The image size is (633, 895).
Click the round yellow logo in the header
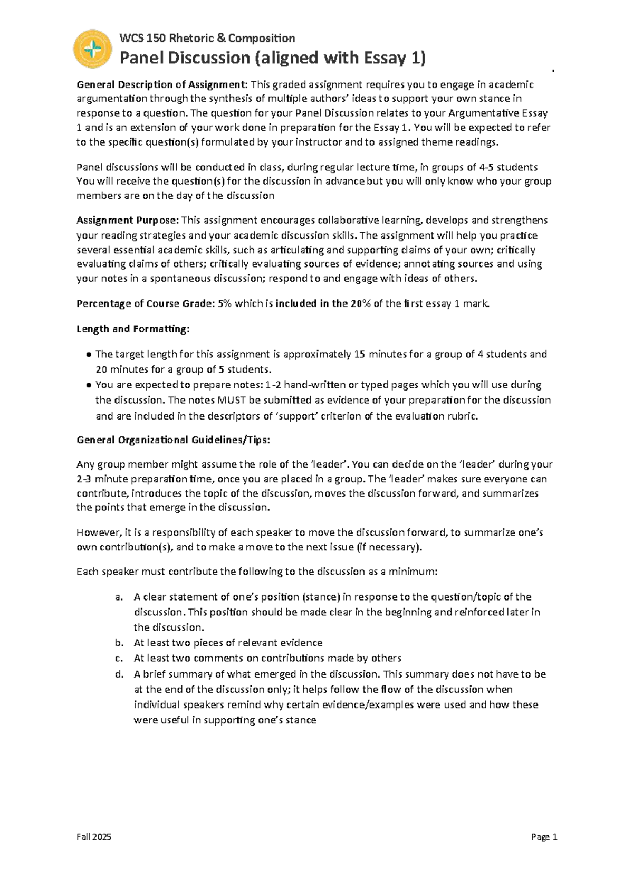coord(92,49)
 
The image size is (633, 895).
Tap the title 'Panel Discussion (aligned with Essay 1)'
coord(272,58)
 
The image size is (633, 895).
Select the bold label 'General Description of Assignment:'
coord(162,85)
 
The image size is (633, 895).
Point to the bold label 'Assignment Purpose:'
coord(128,220)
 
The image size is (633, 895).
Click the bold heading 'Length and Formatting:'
coord(132,329)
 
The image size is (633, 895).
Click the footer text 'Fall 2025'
coord(94,837)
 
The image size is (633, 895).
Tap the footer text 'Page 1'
coord(544,837)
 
